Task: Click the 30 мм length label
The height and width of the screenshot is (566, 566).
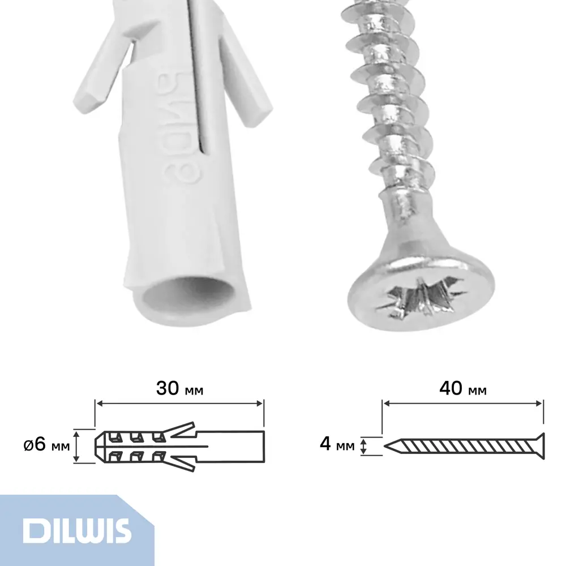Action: click(x=179, y=389)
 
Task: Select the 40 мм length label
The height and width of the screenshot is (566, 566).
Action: click(x=463, y=389)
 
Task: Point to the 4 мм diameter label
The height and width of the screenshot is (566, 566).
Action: click(x=337, y=445)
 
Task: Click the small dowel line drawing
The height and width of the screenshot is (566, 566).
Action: click(x=178, y=445)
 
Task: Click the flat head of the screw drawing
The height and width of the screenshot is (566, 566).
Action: click(x=540, y=445)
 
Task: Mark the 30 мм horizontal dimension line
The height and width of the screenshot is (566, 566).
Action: click(x=179, y=403)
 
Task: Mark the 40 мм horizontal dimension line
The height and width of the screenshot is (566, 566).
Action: click(x=463, y=403)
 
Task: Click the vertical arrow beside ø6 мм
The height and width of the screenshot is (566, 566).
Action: click(x=76, y=445)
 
